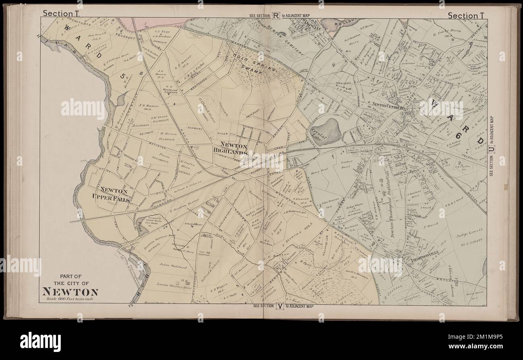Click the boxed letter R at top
(x=276, y=16)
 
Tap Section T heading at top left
(x=61, y=13)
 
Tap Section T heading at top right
(x=467, y=15)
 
